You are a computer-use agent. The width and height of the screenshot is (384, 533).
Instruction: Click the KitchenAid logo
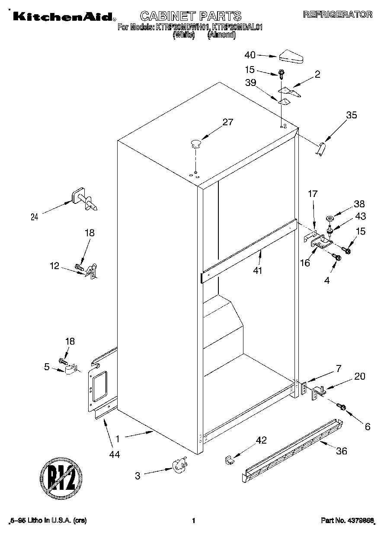pyautogui.click(x=63, y=16)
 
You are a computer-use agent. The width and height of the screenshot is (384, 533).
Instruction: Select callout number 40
pyautogui.click(x=250, y=55)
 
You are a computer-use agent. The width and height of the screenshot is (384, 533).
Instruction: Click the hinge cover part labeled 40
pyautogui.click(x=291, y=56)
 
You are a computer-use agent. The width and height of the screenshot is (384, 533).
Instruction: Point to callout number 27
pyautogui.click(x=227, y=122)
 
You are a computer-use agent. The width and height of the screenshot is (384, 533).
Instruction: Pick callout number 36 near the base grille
pyautogui.click(x=342, y=451)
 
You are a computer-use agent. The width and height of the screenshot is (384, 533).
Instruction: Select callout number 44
pyautogui.click(x=114, y=454)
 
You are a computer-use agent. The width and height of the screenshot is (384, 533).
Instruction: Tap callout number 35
pyautogui.click(x=352, y=115)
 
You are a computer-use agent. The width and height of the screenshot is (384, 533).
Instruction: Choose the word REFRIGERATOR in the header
pyautogui.click(x=337, y=15)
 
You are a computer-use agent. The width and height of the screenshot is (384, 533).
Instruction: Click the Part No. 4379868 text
pyautogui.click(x=347, y=520)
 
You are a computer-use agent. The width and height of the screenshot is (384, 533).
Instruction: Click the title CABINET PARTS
pyautogui.click(x=191, y=16)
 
